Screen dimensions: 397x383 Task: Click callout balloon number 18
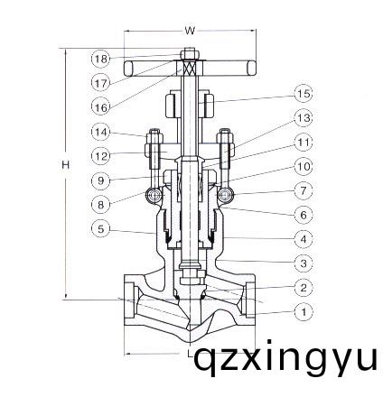pos(100,59)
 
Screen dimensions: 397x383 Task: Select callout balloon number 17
pos(100,82)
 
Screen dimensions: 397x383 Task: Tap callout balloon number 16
pos(100,106)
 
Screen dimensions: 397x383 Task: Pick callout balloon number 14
pos(100,132)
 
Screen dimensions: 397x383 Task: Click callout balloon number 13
pos(303,118)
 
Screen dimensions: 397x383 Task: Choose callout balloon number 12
pos(100,155)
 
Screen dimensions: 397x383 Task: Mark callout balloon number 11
pos(303,143)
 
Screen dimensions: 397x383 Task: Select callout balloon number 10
pos(303,167)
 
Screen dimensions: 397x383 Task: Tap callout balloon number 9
pos(100,180)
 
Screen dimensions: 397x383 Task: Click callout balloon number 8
pos(100,205)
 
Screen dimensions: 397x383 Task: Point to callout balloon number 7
pos(303,191)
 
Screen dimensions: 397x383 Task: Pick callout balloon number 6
pos(303,215)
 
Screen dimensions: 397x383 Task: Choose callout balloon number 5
pos(100,229)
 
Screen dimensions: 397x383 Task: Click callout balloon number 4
pos(303,239)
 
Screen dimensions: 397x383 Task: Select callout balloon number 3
pos(303,263)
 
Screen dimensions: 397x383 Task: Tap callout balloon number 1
pos(303,312)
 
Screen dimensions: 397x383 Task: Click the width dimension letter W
pos(190,30)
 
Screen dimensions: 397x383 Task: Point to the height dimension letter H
pos(65,164)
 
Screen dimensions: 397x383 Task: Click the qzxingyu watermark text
pos(286,360)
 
